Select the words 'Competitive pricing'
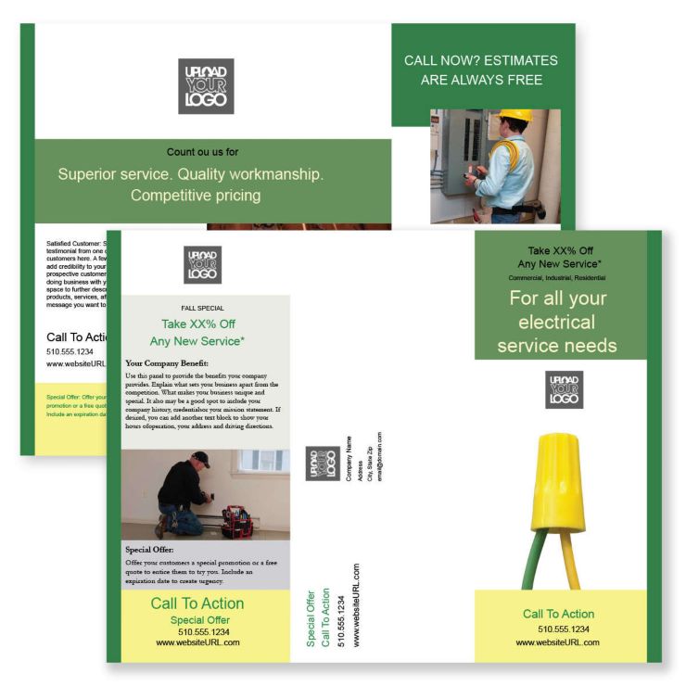point(196,196)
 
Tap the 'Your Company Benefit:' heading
point(167,363)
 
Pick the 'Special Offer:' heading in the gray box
point(149,550)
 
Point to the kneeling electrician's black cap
point(200,458)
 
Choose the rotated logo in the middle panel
point(322,464)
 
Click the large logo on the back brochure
point(206,86)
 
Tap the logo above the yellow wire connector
point(564,389)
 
